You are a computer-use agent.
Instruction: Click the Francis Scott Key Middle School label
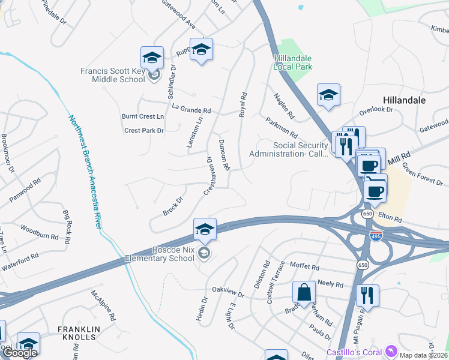pos(113,75)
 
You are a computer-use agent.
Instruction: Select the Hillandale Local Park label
pos(293,62)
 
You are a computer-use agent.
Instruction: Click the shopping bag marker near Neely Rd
pos(304,293)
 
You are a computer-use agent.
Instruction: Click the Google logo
pos(20,353)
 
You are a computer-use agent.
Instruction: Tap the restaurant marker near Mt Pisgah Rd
pos(367,296)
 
